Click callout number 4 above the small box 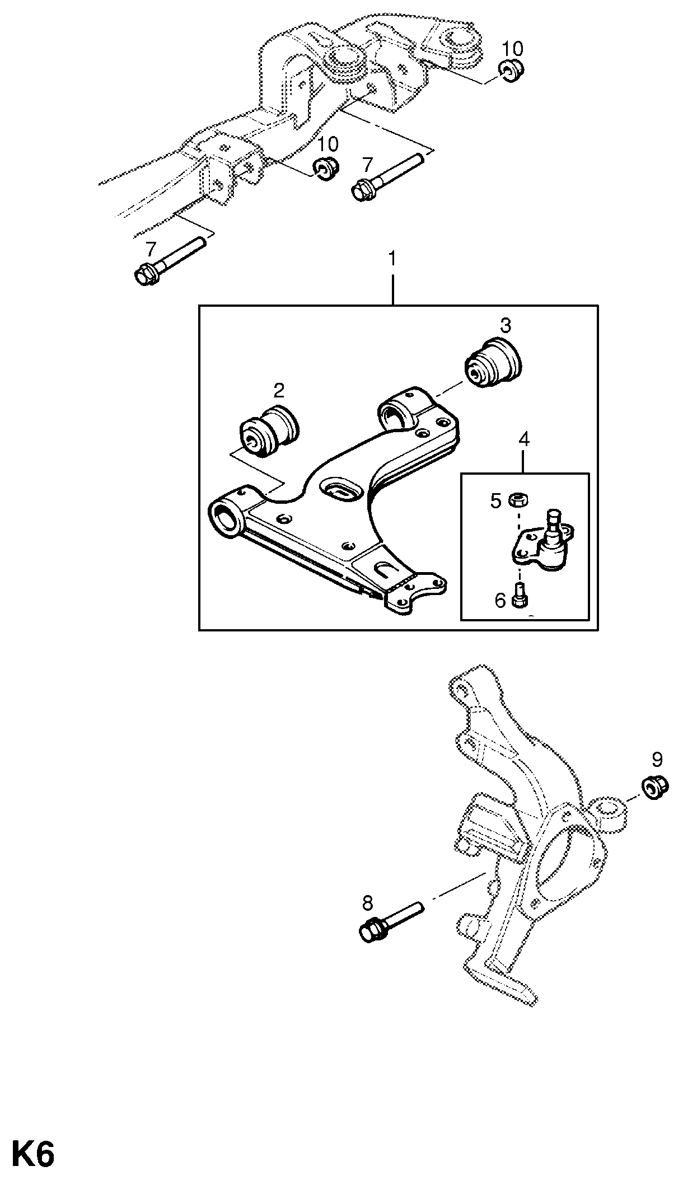point(523,439)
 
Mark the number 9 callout point(657,760)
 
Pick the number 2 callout point(278,390)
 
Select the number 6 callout point(500,600)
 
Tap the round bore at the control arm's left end point(226,516)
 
